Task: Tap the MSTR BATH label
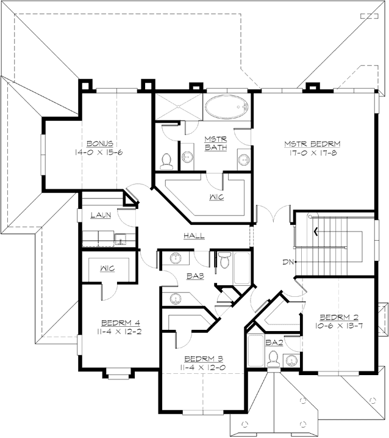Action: click(215, 143)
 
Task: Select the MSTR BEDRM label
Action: click(312, 144)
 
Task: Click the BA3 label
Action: click(195, 276)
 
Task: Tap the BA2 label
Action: click(274, 343)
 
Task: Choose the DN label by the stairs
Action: click(288, 262)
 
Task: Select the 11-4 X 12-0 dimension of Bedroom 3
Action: click(195, 368)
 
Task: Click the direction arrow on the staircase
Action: click(315, 231)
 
